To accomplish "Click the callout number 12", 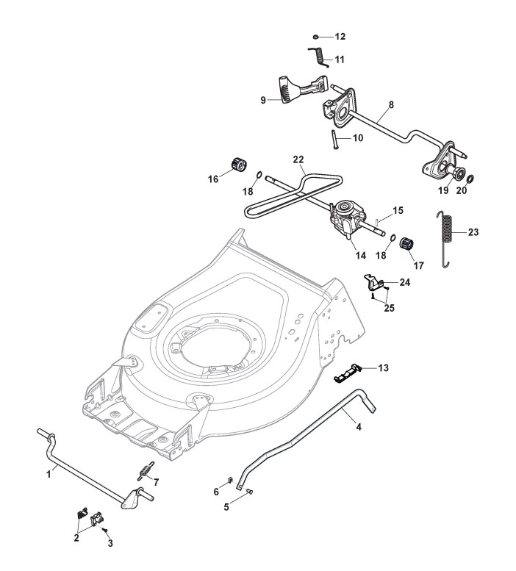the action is point(340,37).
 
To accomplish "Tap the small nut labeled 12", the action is point(316,37).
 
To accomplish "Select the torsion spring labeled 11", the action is point(320,57).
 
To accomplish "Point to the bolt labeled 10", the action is point(334,139).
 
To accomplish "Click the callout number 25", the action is point(390,308).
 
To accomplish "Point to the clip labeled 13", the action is point(348,373).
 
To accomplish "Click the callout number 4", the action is point(359,427).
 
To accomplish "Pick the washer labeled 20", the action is point(470,179).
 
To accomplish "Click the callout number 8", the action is point(391,104).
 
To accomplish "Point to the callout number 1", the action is point(49,475).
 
